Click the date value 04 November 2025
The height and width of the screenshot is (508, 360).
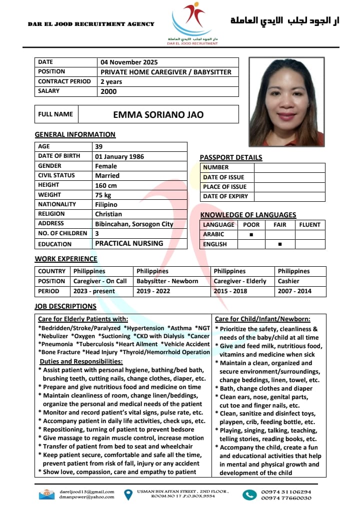(129, 62)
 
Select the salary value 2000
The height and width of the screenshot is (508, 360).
(108, 91)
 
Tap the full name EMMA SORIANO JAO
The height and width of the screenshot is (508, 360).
(158, 114)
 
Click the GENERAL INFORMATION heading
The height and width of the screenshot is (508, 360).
(75, 134)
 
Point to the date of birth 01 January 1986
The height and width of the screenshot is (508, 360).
(119, 156)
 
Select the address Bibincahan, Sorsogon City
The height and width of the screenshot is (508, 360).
(134, 224)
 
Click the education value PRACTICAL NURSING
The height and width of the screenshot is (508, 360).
(129, 243)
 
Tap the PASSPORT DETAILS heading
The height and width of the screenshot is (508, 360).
(230, 157)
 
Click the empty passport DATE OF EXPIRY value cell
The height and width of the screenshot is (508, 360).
(289, 196)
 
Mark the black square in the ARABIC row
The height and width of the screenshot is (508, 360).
(251, 234)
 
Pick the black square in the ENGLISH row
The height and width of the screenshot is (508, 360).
(279, 244)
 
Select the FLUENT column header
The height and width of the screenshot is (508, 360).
(309, 225)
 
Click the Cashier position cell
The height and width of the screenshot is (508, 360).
(289, 281)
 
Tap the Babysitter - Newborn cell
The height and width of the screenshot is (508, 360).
(167, 281)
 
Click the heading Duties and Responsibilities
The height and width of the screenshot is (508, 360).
(81, 361)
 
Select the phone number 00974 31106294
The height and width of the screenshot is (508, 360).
(286, 492)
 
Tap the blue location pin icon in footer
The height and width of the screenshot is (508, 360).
(128, 494)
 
